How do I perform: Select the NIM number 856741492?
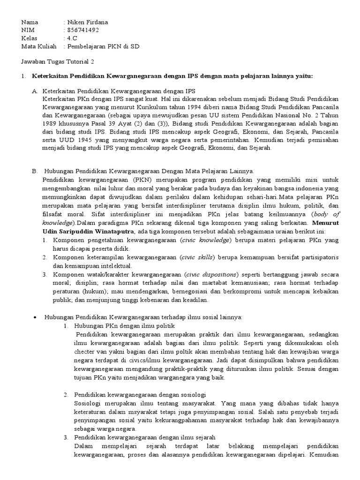click(83, 30)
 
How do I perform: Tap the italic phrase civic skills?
click(198, 257)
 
